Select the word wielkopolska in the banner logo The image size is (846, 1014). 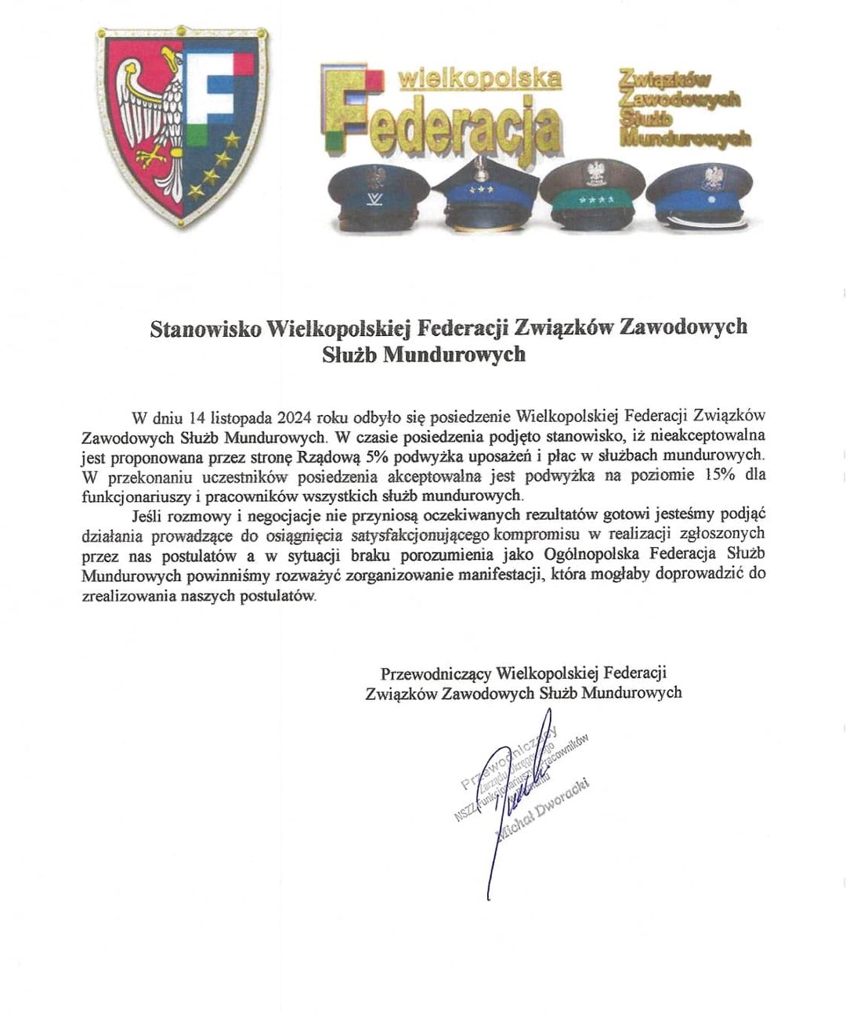pos(479,79)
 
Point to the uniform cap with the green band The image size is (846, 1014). pos(593,193)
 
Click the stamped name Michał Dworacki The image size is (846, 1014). pos(542,810)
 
